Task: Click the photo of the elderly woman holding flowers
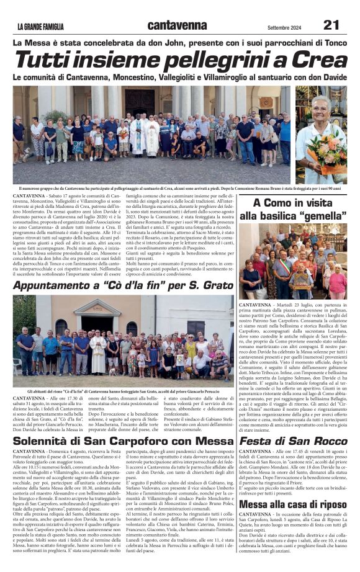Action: pos(321,135)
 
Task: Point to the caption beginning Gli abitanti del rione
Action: pos(123,391)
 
